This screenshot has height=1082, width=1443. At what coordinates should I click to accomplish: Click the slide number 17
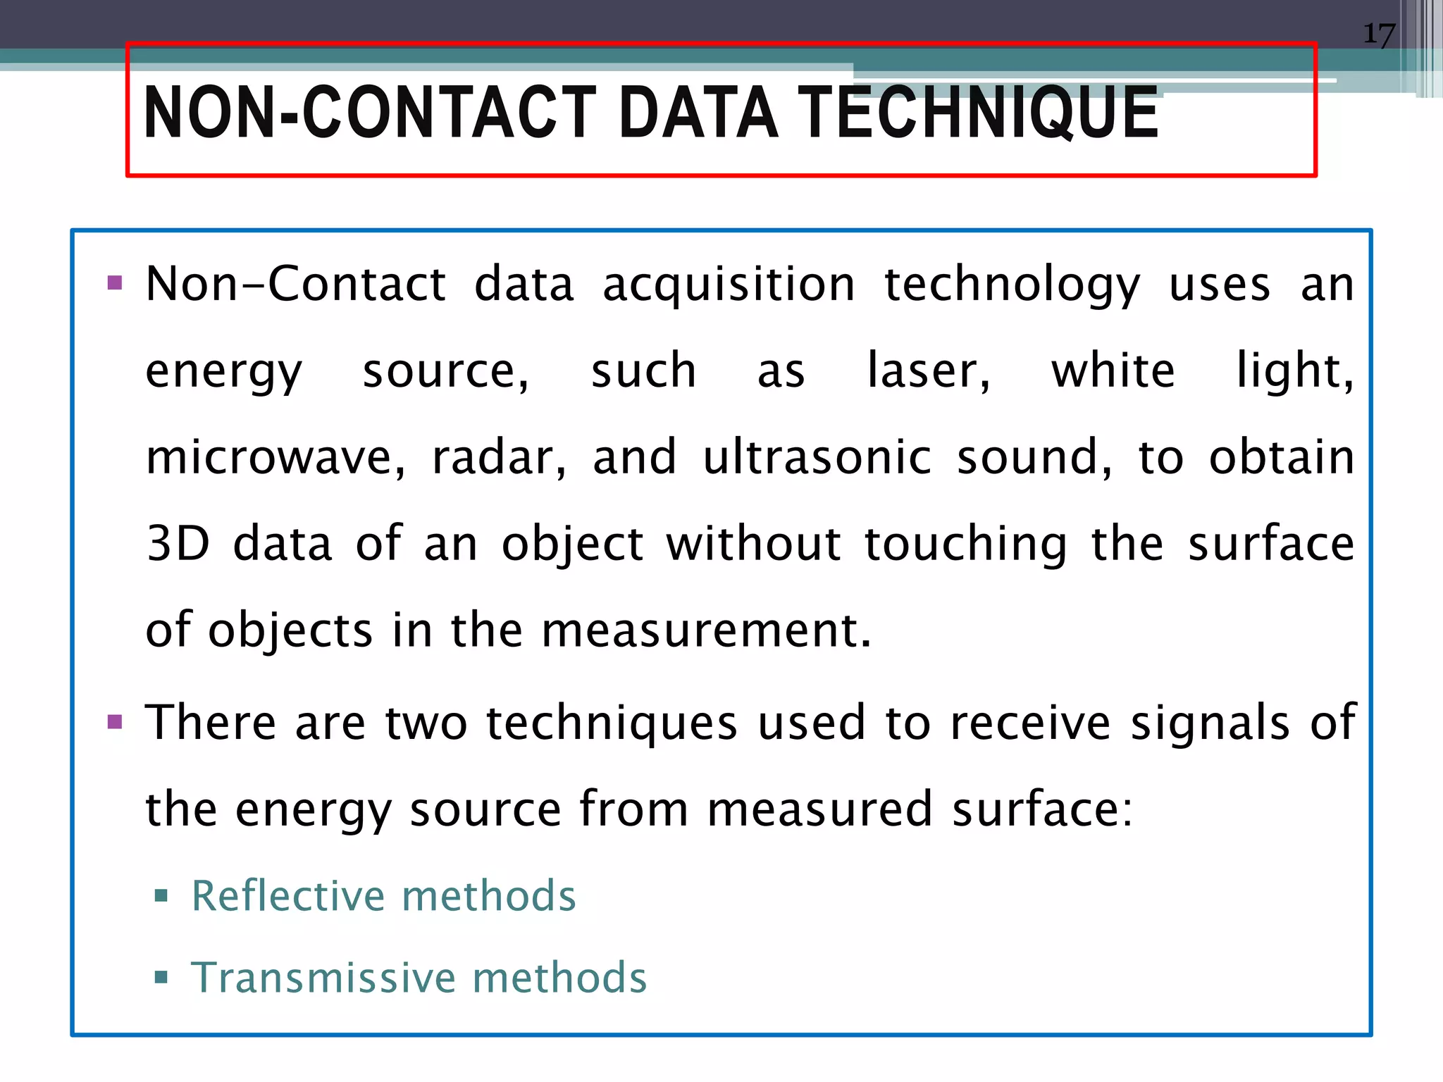click(1379, 34)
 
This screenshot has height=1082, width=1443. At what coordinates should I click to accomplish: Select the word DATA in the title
click(698, 113)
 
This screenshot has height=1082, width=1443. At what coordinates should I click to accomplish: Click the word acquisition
click(729, 285)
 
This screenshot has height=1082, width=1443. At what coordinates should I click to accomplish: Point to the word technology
click(1012, 285)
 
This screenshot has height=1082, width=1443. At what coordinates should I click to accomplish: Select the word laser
click(927, 371)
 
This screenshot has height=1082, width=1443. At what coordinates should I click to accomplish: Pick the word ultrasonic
click(817, 458)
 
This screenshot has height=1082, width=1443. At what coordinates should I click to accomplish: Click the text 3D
click(178, 544)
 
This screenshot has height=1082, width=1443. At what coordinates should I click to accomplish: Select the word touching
click(965, 545)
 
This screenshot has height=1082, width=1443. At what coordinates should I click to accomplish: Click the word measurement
click(706, 630)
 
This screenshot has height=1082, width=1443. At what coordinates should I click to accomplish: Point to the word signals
click(1210, 723)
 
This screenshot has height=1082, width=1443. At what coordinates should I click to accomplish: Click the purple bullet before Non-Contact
click(115, 284)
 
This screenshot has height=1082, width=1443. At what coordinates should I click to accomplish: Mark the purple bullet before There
click(115, 722)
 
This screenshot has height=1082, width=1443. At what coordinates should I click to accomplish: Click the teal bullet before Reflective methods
click(161, 896)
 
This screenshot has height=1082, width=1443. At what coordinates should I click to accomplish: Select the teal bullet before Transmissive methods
click(161, 977)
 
